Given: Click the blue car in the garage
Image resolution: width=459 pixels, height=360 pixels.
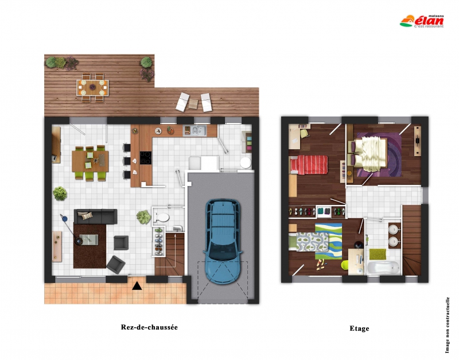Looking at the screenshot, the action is (223, 241).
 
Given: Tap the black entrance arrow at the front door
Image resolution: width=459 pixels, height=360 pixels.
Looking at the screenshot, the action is (137, 286).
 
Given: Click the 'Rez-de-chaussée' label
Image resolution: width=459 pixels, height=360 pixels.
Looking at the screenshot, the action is (149, 327).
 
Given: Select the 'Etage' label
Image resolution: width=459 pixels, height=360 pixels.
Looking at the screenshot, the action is (359, 328).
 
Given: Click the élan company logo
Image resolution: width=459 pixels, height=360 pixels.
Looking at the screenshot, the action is (422, 21).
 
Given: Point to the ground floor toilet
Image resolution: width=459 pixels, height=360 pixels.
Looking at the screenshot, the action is (161, 218).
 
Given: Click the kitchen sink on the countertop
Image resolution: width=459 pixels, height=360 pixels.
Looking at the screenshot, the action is (195, 131).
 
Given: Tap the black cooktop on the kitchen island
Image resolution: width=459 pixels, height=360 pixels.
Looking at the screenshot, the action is (146, 157).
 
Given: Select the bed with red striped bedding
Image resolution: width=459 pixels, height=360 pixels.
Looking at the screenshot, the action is (309, 165).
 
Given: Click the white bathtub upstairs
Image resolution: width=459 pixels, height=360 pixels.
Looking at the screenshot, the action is (383, 268).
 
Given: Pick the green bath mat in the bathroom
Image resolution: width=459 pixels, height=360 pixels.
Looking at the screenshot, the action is (378, 254).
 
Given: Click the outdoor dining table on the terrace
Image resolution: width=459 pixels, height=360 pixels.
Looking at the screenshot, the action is (92, 87).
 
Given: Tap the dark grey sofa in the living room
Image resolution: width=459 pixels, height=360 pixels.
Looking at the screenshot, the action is (95, 216).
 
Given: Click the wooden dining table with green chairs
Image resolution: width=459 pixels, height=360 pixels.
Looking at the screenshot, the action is (90, 161).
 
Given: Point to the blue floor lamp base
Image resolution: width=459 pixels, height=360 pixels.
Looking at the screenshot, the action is (64, 219).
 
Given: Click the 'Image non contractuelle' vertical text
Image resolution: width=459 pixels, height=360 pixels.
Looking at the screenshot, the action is (447, 325).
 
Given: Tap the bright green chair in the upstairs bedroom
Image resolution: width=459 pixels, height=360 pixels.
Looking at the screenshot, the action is (345, 265).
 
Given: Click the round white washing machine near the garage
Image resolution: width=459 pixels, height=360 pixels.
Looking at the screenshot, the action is (246, 163).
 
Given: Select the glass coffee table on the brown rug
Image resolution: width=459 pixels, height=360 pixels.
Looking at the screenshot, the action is (89, 239).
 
